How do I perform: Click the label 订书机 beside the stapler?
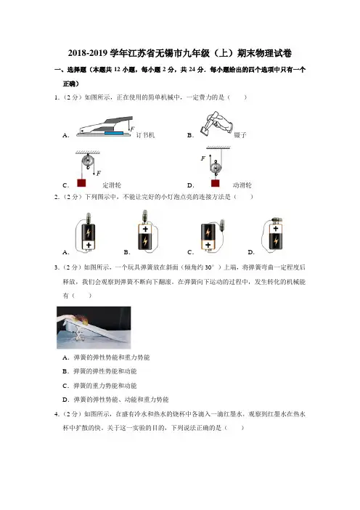(145, 135)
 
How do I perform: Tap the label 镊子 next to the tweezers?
(240, 134)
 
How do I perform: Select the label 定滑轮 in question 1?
(112, 185)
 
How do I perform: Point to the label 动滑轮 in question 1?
(242, 185)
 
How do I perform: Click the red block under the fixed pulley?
(81, 183)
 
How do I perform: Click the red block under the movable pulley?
(215, 183)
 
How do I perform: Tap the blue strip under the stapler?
(114, 133)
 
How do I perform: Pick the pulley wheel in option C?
(88, 161)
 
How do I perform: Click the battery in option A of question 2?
(89, 236)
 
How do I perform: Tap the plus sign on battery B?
(145, 229)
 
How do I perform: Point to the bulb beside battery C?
(222, 224)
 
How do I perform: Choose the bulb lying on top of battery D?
(277, 220)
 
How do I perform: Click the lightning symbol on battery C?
(208, 232)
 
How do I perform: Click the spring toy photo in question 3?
(94, 327)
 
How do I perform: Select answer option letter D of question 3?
(66, 400)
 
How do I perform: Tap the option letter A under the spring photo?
(66, 357)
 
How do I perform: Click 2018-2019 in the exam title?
(88, 53)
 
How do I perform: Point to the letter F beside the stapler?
(132, 129)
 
